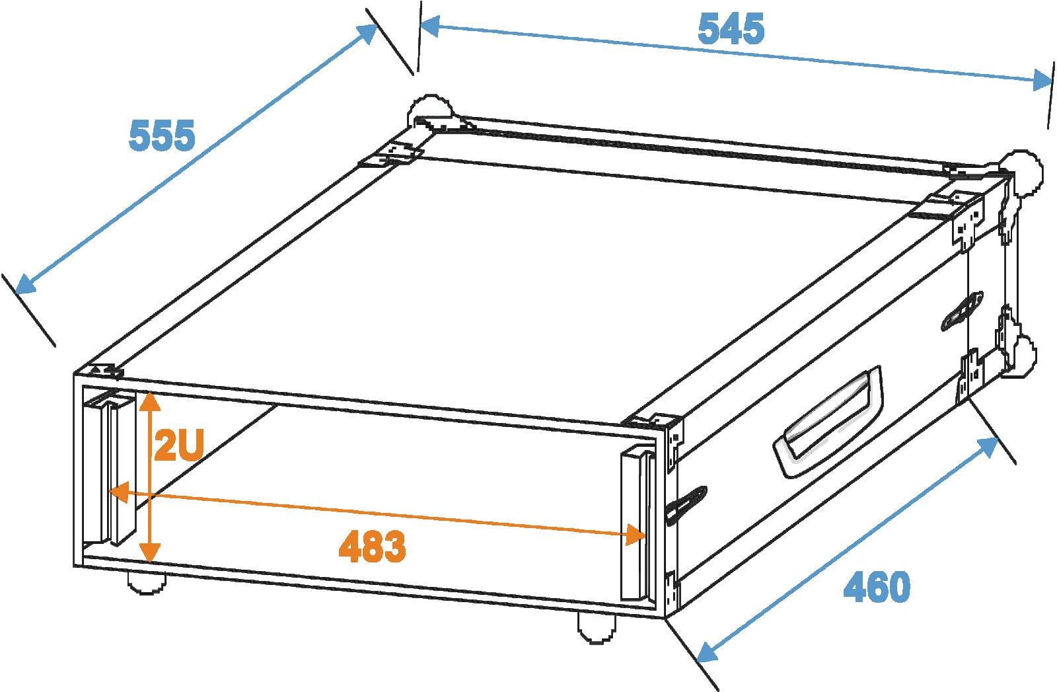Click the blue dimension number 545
coord(731,29)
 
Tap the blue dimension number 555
coord(162,135)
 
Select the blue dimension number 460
coord(877,587)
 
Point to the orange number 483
coord(372,547)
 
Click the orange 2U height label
coord(179,445)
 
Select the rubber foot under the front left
coord(147,584)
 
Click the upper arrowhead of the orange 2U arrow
coord(149,401)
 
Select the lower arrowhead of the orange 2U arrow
coord(149,553)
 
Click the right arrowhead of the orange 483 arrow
coord(635,534)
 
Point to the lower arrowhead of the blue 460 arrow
coord(707,652)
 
